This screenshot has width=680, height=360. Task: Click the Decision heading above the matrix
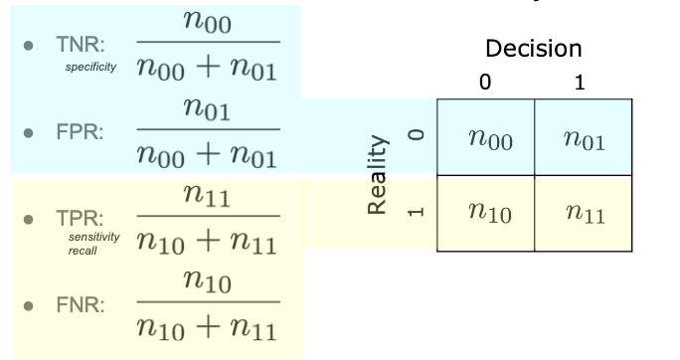[534, 48]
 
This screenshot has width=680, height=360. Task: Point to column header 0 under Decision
[484, 84]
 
